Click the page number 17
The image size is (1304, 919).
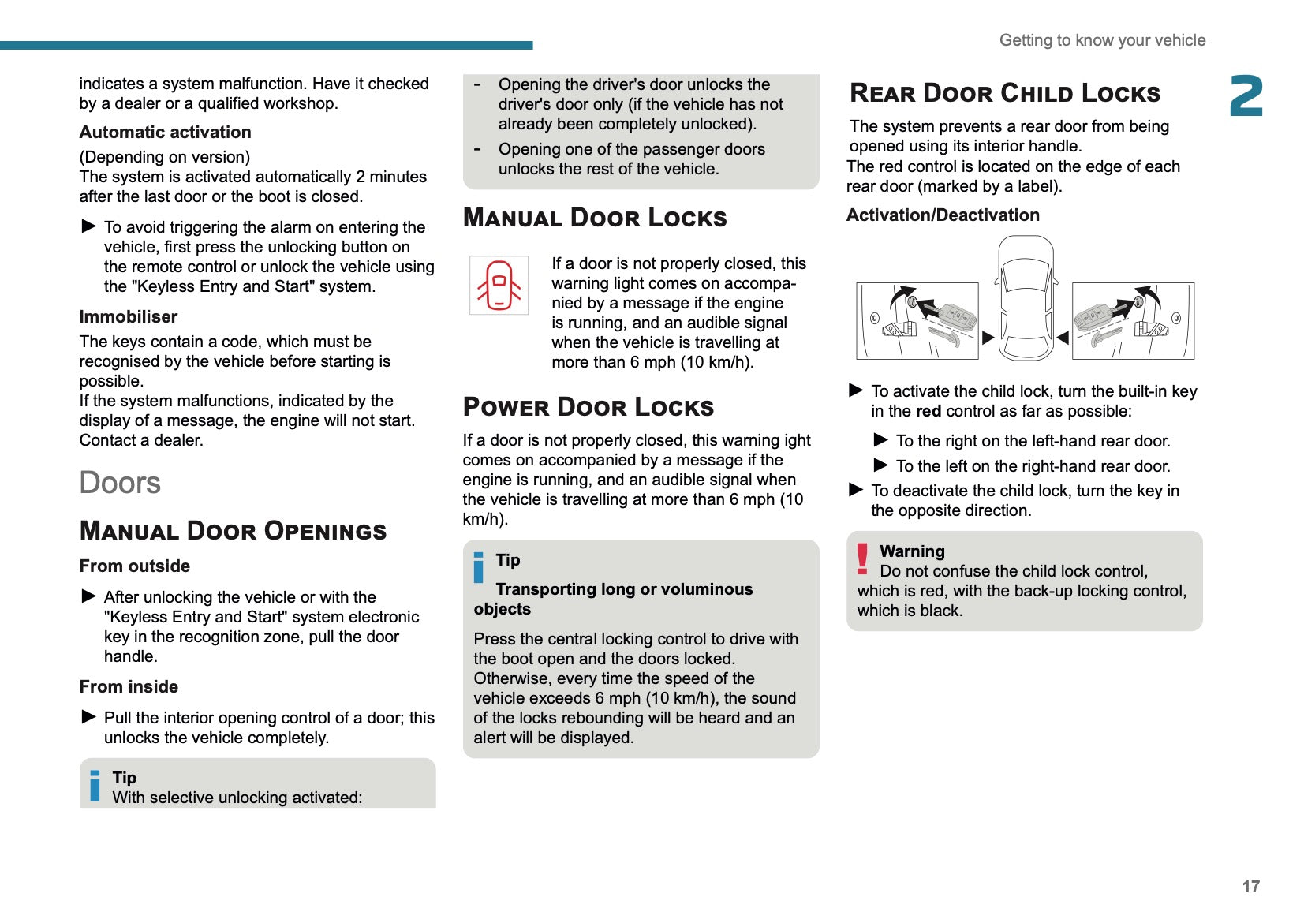pos(1250,886)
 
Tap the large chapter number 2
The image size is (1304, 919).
pos(1246,96)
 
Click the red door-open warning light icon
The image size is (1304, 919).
pos(499,285)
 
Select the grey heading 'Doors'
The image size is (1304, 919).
pos(120,483)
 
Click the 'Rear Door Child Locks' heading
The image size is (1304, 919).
pos(1004,93)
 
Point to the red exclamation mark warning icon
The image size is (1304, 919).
pos(862,558)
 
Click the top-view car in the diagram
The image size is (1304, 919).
pos(1025,299)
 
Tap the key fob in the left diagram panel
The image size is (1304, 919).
pos(954,316)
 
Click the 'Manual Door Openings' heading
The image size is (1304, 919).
pos(234,531)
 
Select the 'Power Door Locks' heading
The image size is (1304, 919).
pos(588,407)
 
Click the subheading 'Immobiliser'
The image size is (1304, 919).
pos(129,317)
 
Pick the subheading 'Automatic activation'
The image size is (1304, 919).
pos(165,133)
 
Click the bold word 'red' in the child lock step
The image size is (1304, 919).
pos(928,411)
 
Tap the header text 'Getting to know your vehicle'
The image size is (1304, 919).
pos(1102,40)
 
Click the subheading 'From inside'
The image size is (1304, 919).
pos(129,687)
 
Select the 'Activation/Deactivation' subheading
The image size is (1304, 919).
pos(943,215)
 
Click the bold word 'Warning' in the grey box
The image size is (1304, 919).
pos(912,551)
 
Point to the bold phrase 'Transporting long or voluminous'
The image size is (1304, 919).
pos(624,589)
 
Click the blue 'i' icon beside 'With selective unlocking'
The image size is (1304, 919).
pos(95,786)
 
